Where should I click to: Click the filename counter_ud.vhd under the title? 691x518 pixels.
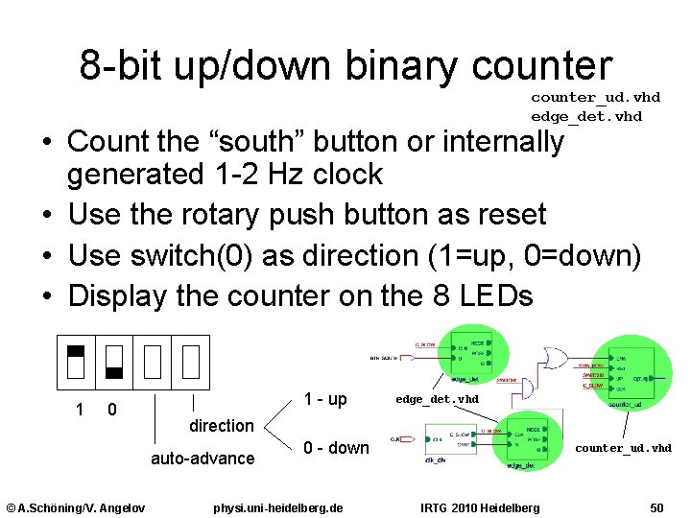point(595,97)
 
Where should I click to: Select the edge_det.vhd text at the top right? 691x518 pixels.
point(586,116)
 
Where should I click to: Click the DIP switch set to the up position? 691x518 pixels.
point(76,361)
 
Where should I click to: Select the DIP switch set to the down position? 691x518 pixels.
point(114,361)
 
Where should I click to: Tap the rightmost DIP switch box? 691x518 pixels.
point(191,361)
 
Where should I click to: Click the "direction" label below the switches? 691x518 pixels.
point(222,425)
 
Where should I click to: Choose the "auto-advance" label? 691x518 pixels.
point(203,459)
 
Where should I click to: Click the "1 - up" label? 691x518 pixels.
point(325,398)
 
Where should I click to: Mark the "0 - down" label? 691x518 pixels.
point(336,447)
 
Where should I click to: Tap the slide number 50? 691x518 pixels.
point(656,506)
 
